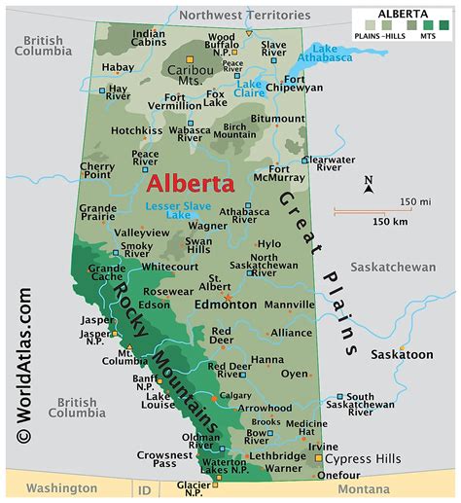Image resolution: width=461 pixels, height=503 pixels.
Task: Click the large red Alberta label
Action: point(191,184)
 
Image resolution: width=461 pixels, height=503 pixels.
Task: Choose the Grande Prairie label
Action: point(97,214)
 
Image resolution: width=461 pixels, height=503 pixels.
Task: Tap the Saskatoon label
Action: point(402,354)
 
